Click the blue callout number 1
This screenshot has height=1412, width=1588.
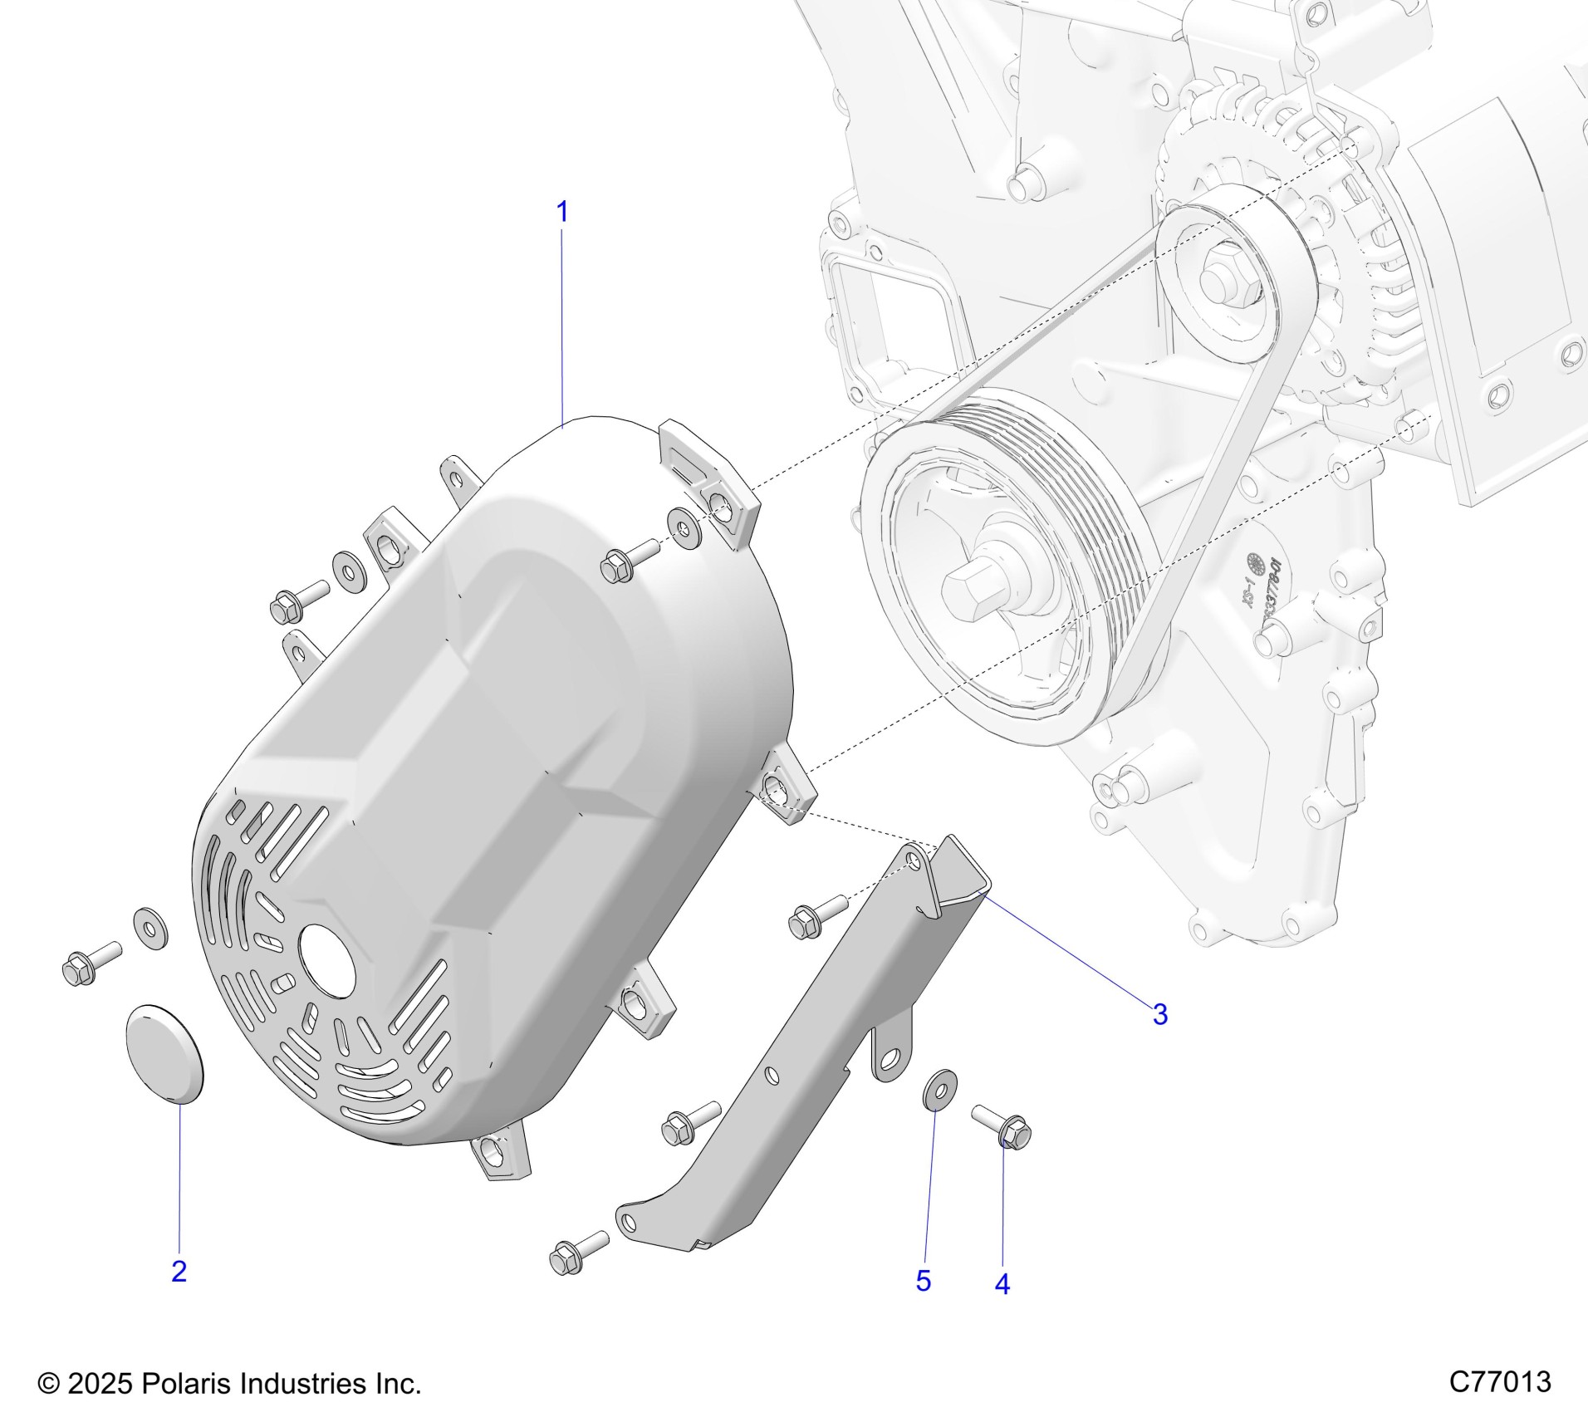[562, 213]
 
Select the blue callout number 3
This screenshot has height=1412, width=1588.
[1159, 1014]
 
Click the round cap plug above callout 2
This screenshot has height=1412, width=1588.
[164, 1054]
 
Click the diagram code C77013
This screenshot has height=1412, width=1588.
[1500, 1382]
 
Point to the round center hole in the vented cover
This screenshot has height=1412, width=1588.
[327, 959]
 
